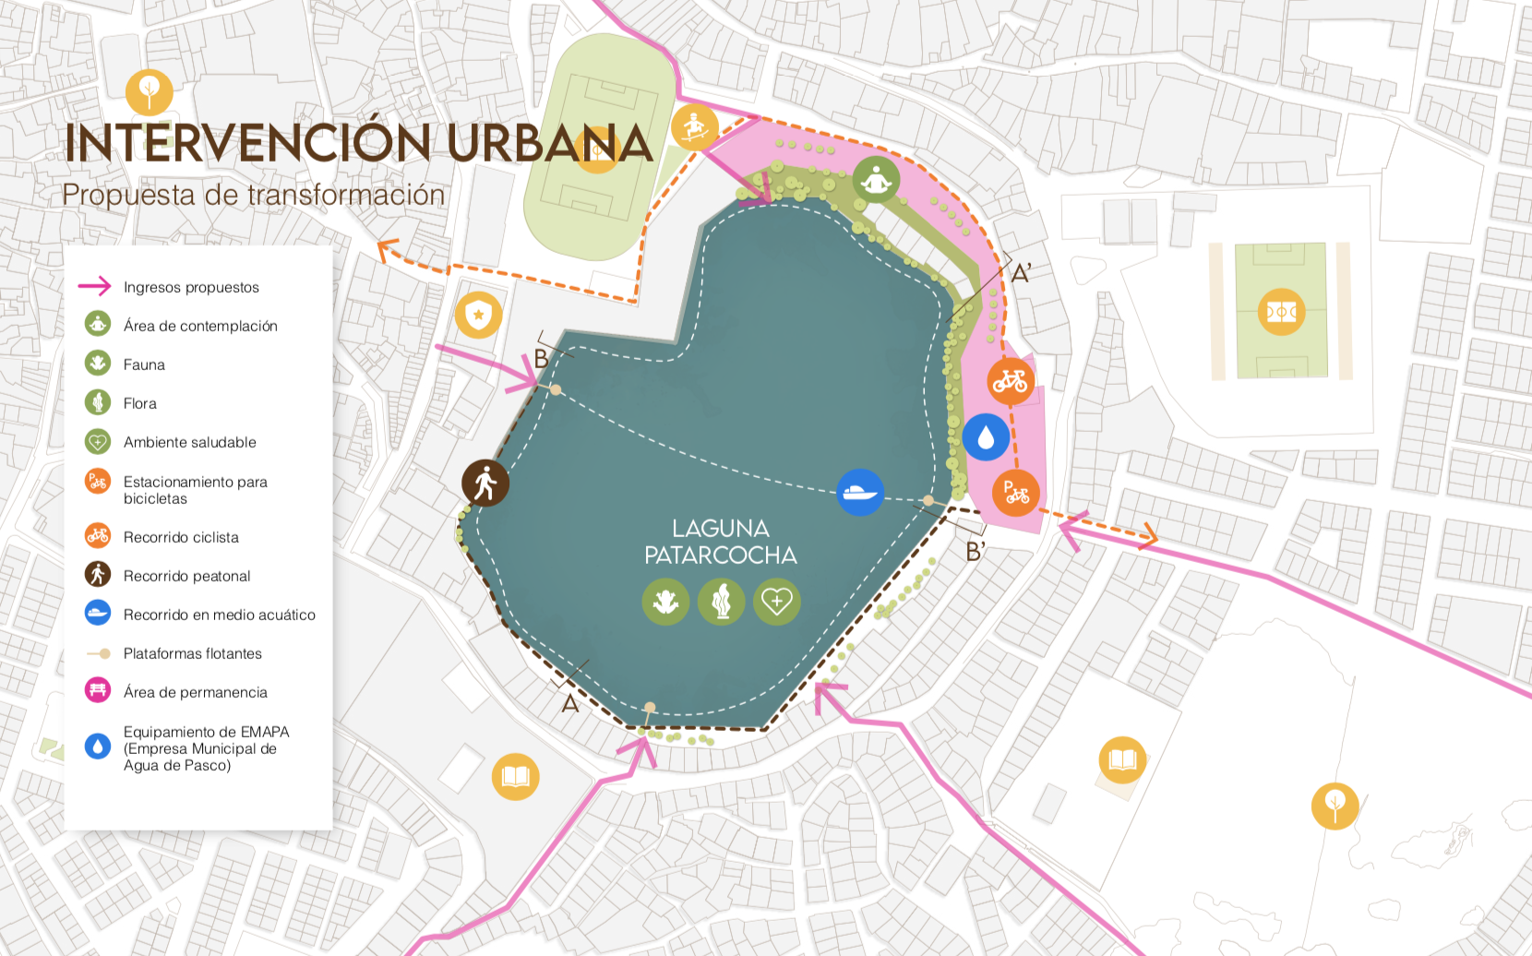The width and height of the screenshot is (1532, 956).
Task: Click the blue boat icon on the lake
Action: pyautogui.click(x=860, y=492)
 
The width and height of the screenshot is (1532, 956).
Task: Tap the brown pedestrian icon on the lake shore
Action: pyautogui.click(x=485, y=483)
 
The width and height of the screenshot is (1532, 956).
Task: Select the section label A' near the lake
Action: pyautogui.click(x=1021, y=274)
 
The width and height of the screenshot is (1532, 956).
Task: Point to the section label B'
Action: pyautogui.click(x=975, y=552)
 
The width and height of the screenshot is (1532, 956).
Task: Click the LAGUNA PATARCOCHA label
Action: pyautogui.click(x=720, y=542)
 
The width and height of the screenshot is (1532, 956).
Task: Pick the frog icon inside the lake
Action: pyautogui.click(x=665, y=602)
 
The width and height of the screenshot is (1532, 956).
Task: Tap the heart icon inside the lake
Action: pyautogui.click(x=777, y=602)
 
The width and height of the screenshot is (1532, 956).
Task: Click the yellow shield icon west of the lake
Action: pyautogui.click(x=478, y=315)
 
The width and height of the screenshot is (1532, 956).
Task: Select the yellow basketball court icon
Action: pyautogui.click(x=1281, y=312)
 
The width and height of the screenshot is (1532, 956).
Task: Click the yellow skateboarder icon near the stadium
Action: pyautogui.click(x=694, y=127)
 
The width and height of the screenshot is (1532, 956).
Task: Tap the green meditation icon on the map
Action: pyautogui.click(x=876, y=180)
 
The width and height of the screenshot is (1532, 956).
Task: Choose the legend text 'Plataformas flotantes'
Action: pyautogui.click(x=192, y=653)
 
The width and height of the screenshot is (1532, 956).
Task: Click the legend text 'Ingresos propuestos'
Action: pyautogui.click(x=191, y=287)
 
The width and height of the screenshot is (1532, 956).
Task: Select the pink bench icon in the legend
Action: pyautogui.click(x=98, y=690)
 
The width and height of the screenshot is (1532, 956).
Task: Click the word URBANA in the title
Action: pyautogui.click(x=550, y=143)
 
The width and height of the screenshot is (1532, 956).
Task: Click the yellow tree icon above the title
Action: pyautogui.click(x=149, y=92)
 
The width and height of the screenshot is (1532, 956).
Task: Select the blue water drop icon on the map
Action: pyautogui.click(x=986, y=436)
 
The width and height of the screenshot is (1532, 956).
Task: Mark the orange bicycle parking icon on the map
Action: pyautogui.click(x=1016, y=492)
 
